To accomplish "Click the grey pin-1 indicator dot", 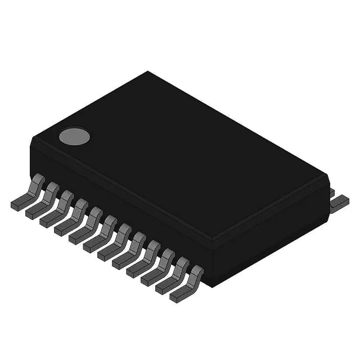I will (74, 136).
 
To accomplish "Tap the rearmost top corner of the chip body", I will (148, 72).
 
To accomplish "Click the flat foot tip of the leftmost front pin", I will (17, 205).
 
